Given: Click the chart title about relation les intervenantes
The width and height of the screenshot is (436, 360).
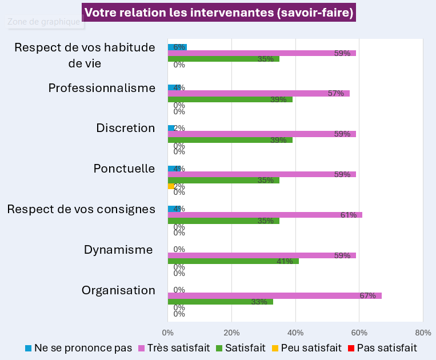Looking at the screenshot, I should [x=219, y=13].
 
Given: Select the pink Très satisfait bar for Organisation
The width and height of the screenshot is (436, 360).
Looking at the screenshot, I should [x=274, y=295].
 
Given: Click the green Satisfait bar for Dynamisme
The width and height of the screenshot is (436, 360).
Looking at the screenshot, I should [x=233, y=261].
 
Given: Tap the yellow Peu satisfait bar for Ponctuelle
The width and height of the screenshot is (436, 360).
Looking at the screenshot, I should [x=171, y=186].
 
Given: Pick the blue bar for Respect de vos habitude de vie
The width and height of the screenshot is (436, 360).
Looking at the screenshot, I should [x=177, y=47].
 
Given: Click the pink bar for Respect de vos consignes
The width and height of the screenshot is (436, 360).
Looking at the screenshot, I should [x=265, y=215].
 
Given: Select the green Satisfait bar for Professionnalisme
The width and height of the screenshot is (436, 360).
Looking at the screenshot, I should [x=230, y=99].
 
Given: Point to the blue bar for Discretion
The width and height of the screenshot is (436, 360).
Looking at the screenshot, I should [x=171, y=128].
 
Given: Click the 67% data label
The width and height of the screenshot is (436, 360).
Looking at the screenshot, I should [x=367, y=295].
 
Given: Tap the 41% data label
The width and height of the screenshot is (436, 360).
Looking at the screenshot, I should [x=285, y=261].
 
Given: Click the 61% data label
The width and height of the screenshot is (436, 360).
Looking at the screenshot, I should [x=349, y=215].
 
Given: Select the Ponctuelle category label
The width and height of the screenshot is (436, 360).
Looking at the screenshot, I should [x=125, y=169].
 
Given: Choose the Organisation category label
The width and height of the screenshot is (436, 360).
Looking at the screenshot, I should [x=118, y=290].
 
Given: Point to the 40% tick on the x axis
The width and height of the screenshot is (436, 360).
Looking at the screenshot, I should [x=295, y=333].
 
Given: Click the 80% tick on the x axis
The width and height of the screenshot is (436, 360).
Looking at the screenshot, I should [x=423, y=333].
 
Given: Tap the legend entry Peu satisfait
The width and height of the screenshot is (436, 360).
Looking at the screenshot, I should [x=311, y=347].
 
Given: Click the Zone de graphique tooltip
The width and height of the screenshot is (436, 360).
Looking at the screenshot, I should [x=44, y=22].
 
